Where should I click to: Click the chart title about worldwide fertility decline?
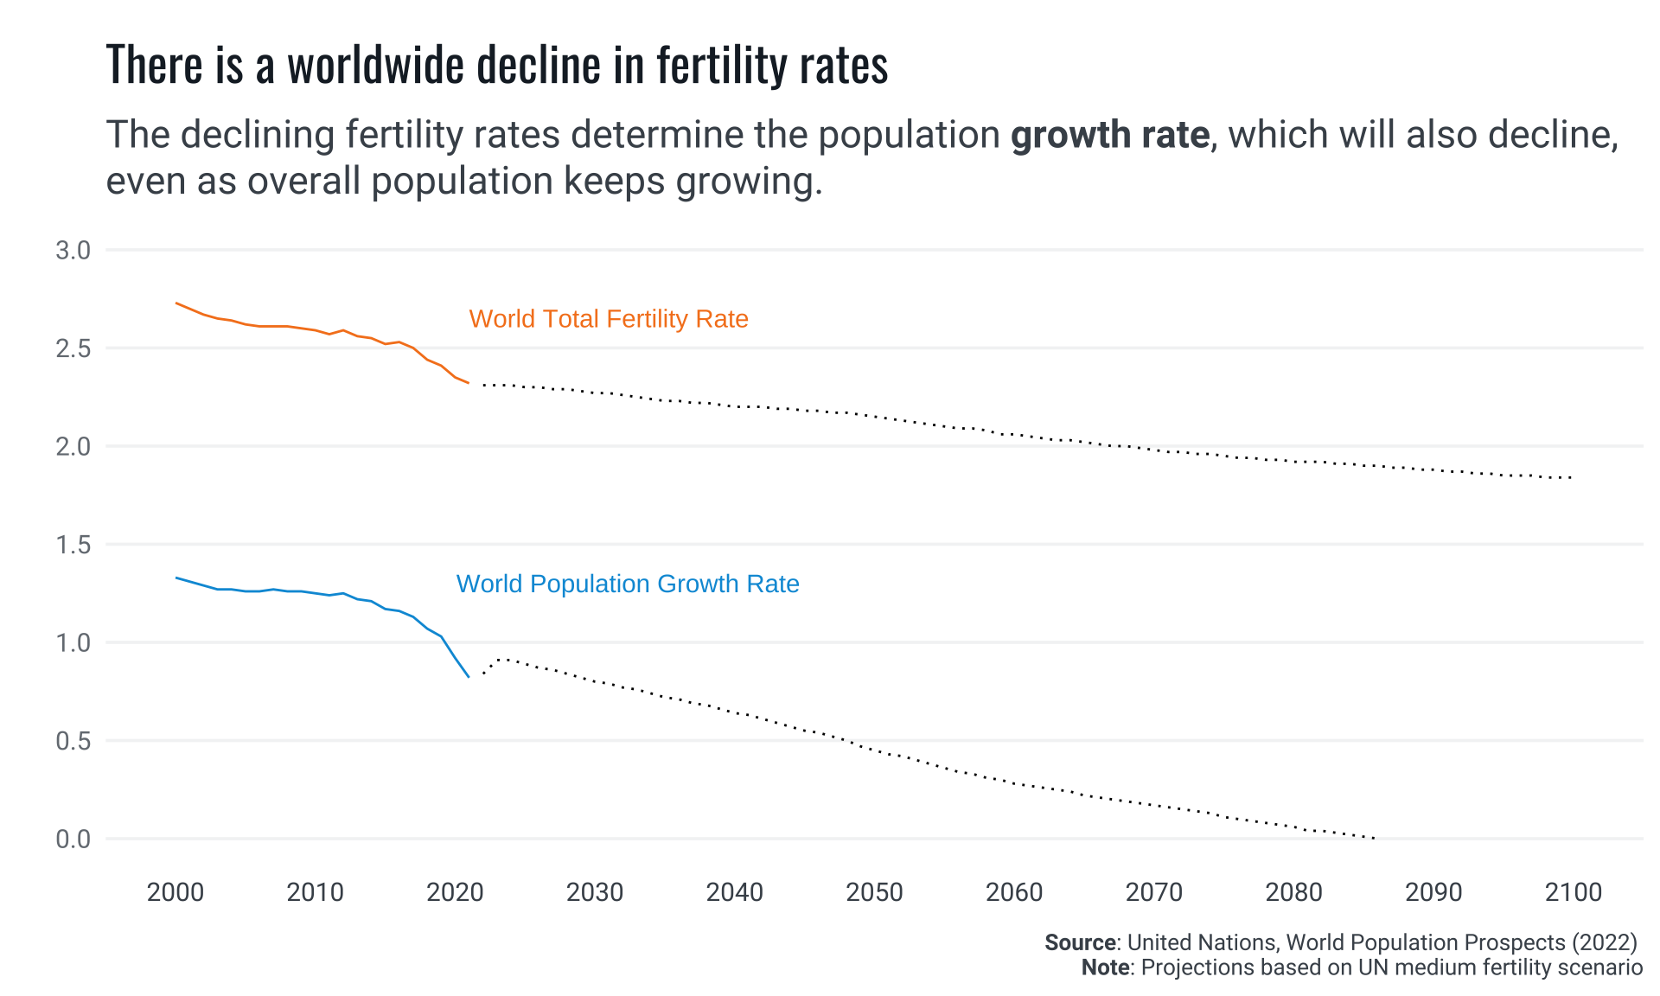point(497,65)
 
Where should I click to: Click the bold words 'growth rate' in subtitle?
point(1109,135)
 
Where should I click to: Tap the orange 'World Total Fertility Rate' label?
point(608,319)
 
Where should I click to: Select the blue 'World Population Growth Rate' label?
point(627,584)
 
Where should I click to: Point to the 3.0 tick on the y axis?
point(73,251)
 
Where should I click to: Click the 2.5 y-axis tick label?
point(73,348)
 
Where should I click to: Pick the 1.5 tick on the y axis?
point(73,545)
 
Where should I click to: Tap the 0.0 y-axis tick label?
point(73,839)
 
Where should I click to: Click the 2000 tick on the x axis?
point(176,892)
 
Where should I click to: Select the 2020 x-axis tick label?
point(455,892)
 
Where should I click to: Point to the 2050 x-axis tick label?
point(874,892)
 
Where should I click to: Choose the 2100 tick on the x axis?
point(1574,892)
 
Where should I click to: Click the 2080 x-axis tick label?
point(1293,892)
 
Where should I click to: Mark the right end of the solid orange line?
point(468,382)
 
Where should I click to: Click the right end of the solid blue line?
point(468,676)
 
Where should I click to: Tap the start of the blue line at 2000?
point(176,578)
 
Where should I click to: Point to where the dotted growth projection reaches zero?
point(1375,838)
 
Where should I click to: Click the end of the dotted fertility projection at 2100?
point(1571,477)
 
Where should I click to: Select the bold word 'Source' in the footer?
point(1080,942)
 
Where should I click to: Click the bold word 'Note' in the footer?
point(1105,967)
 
